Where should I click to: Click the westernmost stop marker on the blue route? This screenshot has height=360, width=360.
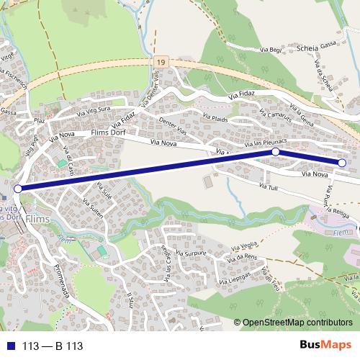[x=18, y=189]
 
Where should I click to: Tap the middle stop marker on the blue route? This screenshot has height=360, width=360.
[x=275, y=153]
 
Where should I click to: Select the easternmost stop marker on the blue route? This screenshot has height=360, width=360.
[x=341, y=163]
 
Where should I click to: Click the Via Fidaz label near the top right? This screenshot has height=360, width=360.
[x=242, y=94]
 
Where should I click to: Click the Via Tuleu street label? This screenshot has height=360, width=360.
[x=268, y=188]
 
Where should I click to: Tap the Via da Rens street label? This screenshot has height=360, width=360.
[x=242, y=258]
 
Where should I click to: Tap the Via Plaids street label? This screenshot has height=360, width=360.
[x=215, y=118]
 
